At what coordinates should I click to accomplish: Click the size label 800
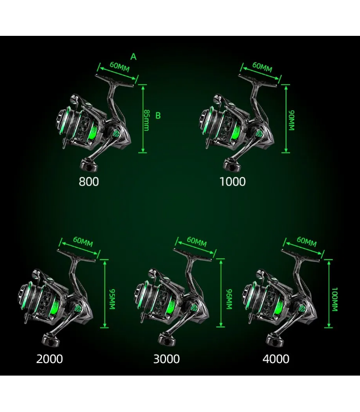click(x=89, y=182)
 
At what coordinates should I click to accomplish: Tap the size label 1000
click(x=233, y=182)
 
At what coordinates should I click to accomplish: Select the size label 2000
click(x=49, y=359)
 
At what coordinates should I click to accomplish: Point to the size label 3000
click(x=167, y=359)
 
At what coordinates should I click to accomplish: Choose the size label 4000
click(x=276, y=359)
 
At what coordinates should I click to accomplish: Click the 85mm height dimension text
click(x=147, y=120)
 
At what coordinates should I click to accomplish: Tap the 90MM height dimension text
click(x=291, y=120)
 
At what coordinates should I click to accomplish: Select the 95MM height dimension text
click(x=112, y=299)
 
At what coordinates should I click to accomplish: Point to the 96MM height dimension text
click(x=229, y=299)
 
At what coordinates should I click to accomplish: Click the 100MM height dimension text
click(x=334, y=299)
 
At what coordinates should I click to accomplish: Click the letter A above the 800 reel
click(x=134, y=56)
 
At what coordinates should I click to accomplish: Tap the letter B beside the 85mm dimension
click(x=158, y=116)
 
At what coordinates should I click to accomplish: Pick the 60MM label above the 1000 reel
click(x=262, y=67)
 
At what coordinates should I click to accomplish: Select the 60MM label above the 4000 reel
click(x=307, y=241)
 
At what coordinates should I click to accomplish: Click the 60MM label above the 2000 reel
click(x=83, y=241)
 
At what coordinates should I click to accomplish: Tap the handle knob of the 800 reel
click(x=89, y=165)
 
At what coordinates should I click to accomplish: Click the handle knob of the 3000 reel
click(x=166, y=339)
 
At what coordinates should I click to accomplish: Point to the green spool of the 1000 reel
click(x=234, y=132)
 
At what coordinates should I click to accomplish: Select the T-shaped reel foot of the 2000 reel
click(x=77, y=256)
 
